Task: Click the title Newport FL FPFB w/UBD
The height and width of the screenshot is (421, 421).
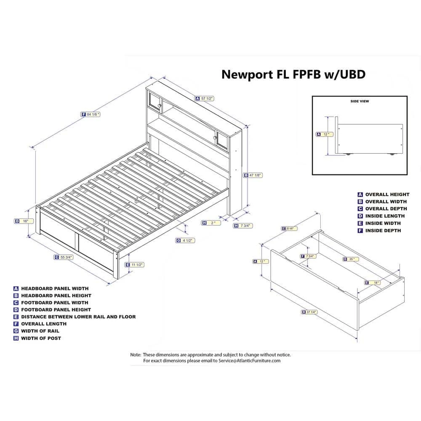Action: tap(293, 75)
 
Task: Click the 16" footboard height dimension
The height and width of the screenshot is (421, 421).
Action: tap(23, 221)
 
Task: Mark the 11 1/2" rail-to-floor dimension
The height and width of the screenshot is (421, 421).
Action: tap(135, 265)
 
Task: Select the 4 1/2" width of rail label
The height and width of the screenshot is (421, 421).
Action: tap(185, 240)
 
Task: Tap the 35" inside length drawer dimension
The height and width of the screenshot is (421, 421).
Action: tap(350, 259)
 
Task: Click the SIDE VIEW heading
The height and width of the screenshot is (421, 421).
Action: tap(360, 101)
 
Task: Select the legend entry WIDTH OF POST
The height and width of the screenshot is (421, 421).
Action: tap(41, 338)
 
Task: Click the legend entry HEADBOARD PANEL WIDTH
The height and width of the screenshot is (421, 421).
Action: tap(55, 288)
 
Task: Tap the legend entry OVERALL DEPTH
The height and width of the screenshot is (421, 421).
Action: tap(386, 208)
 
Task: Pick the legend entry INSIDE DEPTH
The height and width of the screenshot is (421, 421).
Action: tap(383, 230)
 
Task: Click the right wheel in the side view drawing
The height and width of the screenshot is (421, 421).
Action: tap(392, 155)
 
